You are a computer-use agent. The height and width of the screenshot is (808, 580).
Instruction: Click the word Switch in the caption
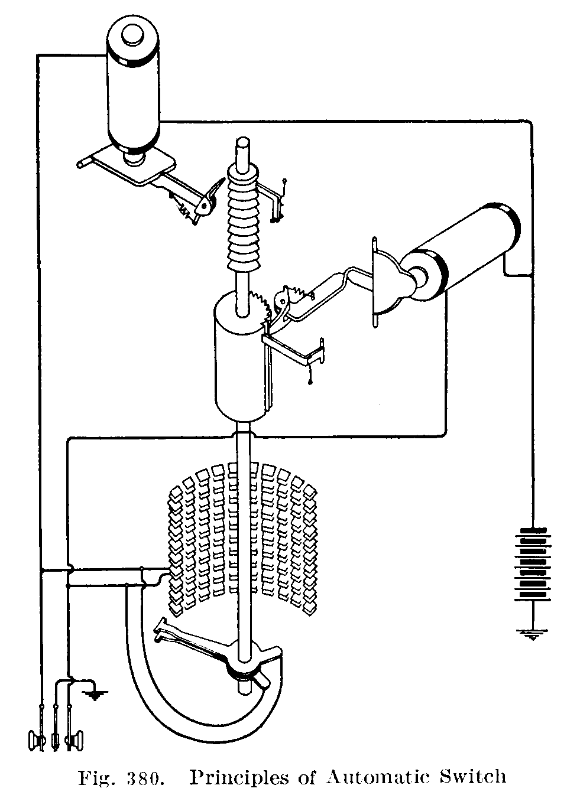[475, 777]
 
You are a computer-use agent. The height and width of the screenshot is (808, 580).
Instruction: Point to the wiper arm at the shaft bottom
[195, 641]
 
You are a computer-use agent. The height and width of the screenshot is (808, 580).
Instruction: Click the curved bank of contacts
[242, 537]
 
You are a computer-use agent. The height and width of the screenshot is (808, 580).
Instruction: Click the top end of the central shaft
[242, 145]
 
